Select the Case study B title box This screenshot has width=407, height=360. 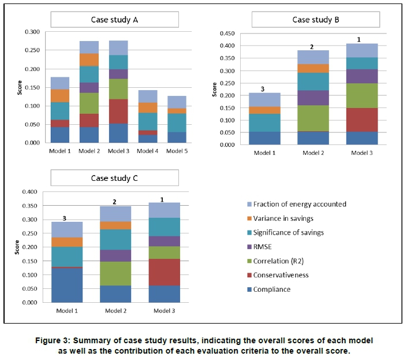315,20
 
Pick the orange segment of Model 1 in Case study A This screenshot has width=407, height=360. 61,95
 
